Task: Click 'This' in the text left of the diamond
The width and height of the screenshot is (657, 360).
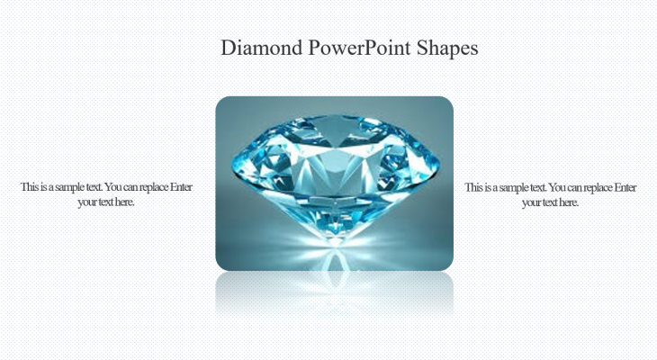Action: (x=30, y=187)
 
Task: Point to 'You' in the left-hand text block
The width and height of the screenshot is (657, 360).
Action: (x=114, y=187)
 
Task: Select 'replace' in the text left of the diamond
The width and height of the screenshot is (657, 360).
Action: (x=156, y=187)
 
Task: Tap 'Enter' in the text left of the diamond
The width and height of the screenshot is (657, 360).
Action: (x=184, y=187)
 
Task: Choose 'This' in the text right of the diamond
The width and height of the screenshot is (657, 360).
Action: (x=473, y=187)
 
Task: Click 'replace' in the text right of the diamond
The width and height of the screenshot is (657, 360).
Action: (x=599, y=187)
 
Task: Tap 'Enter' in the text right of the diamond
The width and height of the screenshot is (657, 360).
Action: (x=626, y=187)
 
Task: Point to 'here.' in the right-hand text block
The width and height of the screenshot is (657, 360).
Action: (x=566, y=202)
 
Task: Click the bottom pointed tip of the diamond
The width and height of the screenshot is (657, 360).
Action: (x=334, y=239)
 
